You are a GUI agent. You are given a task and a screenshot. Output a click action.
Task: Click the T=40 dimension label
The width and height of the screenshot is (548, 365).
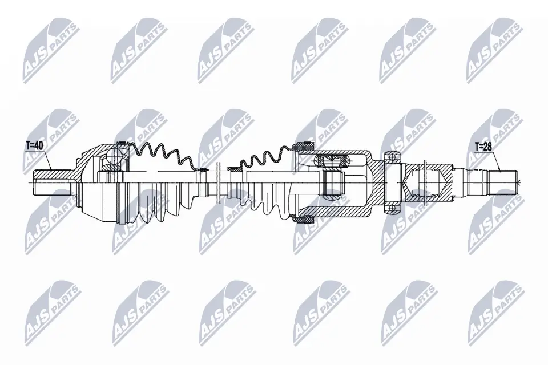point(35,145)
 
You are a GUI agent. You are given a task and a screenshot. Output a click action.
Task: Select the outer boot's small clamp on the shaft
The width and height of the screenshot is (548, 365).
point(202,169)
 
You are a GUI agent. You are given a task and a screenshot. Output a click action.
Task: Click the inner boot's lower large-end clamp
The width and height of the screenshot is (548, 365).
point(303,217)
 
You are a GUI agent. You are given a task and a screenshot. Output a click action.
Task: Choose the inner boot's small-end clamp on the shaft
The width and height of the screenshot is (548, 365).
point(233,168)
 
